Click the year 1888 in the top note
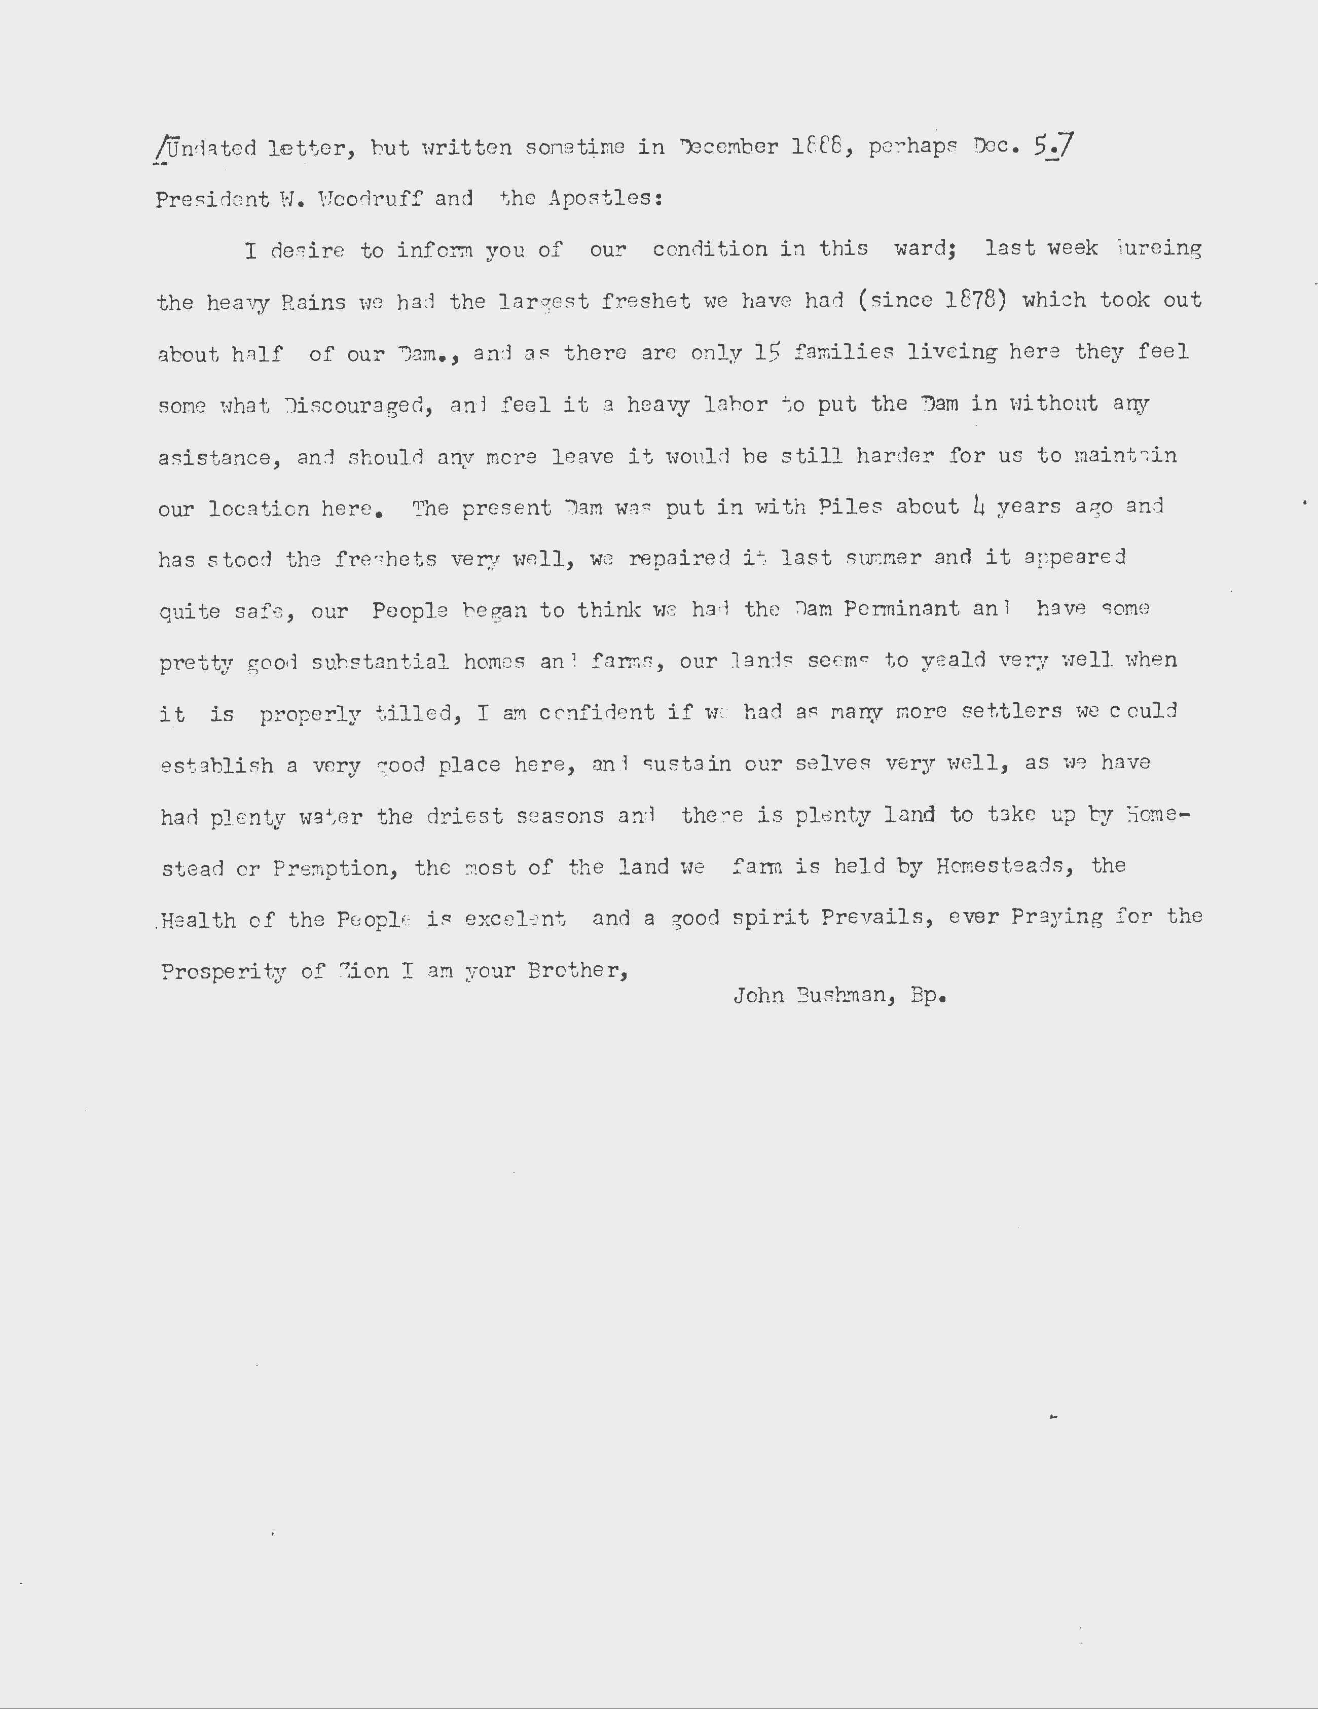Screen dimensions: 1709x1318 point(820,147)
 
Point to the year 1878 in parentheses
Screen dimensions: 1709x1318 point(970,301)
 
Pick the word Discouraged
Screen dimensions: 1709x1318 point(354,406)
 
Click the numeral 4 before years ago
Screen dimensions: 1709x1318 point(978,507)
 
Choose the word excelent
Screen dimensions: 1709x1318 point(515,919)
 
